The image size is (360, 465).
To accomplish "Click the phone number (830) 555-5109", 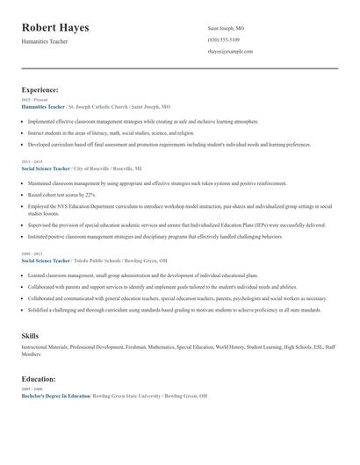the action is (x=224, y=39).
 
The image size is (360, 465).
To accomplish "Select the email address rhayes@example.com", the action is (x=230, y=52).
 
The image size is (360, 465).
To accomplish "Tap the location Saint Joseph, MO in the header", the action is (x=227, y=28).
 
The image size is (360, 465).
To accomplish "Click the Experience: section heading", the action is (x=40, y=89).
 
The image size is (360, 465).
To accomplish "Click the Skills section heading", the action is (x=30, y=335).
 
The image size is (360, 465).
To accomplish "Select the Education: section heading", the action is (x=39, y=379).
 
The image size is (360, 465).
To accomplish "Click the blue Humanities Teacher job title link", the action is (x=43, y=106).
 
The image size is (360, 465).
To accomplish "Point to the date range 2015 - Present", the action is (x=34, y=100).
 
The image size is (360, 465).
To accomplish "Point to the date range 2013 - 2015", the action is (x=32, y=161).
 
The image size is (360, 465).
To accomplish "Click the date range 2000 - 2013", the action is (x=32, y=254).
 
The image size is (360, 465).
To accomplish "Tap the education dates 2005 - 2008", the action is (x=32, y=390).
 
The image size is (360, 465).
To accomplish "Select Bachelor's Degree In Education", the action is (x=55, y=396).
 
